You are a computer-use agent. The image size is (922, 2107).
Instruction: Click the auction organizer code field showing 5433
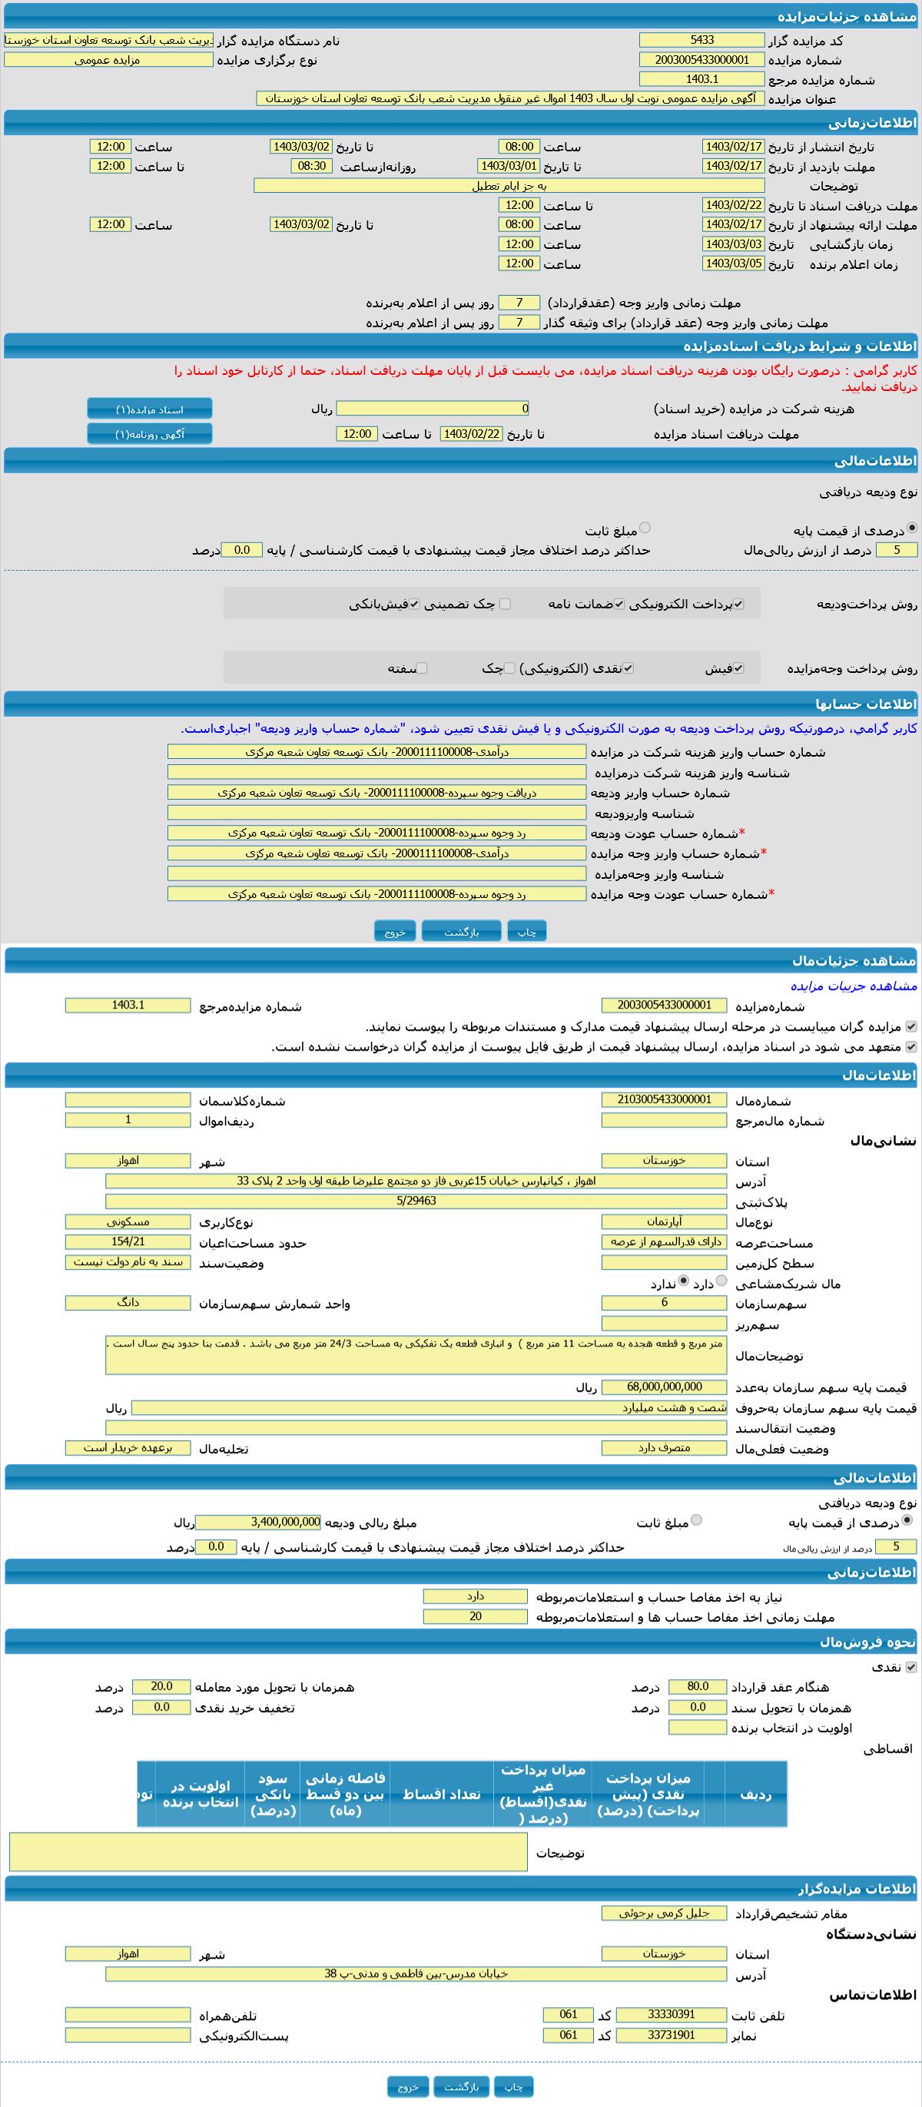click(701, 40)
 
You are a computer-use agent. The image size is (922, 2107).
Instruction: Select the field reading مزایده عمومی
click(108, 60)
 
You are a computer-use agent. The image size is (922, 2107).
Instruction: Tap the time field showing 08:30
click(311, 166)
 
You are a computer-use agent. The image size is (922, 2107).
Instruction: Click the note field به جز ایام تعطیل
click(508, 186)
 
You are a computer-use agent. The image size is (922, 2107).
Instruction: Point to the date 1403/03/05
click(733, 263)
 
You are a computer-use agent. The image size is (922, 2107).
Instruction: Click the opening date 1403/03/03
click(733, 243)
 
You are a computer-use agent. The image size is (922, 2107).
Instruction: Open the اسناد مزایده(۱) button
click(150, 409)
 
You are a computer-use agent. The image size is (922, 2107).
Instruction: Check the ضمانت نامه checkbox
click(619, 605)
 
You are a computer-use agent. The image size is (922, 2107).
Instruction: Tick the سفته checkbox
click(422, 668)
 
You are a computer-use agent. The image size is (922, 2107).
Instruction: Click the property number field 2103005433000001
click(664, 1100)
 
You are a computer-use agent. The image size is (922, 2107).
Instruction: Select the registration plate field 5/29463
click(416, 1201)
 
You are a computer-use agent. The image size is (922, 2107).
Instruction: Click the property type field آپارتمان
click(664, 1221)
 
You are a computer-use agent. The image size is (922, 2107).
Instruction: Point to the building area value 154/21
click(128, 1241)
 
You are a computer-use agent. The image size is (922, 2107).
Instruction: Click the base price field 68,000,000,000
click(664, 1386)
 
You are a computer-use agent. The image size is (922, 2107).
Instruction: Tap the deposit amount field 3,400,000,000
click(257, 1522)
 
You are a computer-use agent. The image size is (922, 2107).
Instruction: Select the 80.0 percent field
click(697, 1687)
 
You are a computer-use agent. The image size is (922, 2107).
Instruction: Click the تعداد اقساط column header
click(441, 1794)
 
